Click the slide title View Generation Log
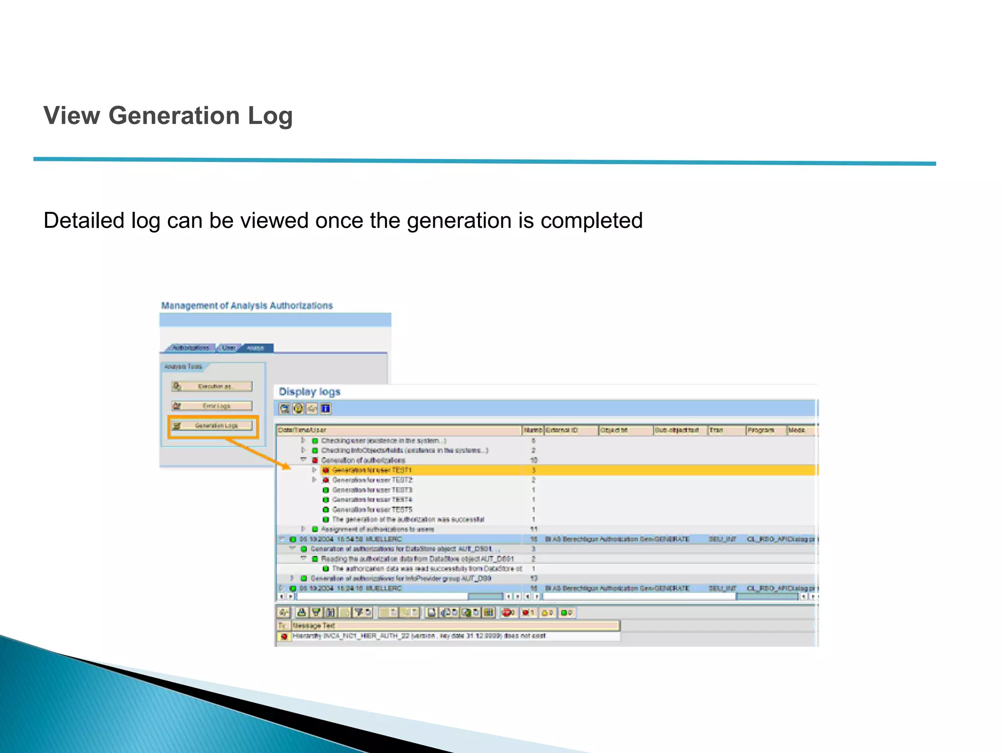(x=168, y=116)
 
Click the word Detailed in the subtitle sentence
(x=83, y=221)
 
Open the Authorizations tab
(x=191, y=348)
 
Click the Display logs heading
(x=309, y=392)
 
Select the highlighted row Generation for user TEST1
(x=372, y=470)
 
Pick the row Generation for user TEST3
(x=372, y=490)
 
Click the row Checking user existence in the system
(x=383, y=441)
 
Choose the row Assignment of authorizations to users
(x=377, y=529)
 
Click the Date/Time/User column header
(x=302, y=430)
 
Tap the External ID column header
(x=562, y=430)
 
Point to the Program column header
(x=761, y=430)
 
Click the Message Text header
(x=313, y=626)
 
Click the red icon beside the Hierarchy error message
(x=284, y=636)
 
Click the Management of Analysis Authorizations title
(x=247, y=306)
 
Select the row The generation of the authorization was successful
(x=407, y=520)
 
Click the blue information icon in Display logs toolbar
(x=326, y=408)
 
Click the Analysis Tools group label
(x=183, y=367)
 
